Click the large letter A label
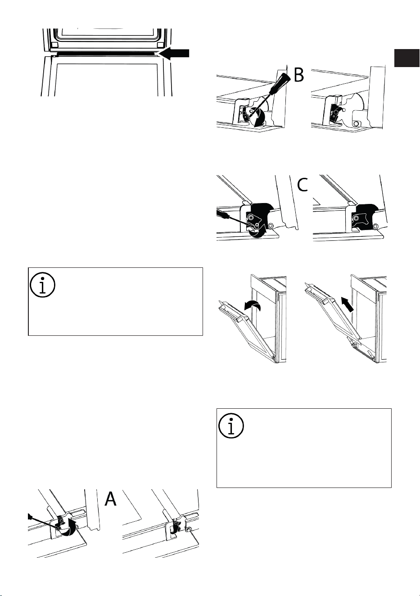click(x=111, y=499)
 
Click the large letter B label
click(x=299, y=75)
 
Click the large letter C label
click(x=303, y=185)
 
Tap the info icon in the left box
click(x=43, y=284)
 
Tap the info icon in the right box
click(x=231, y=425)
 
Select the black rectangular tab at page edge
click(x=406, y=58)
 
